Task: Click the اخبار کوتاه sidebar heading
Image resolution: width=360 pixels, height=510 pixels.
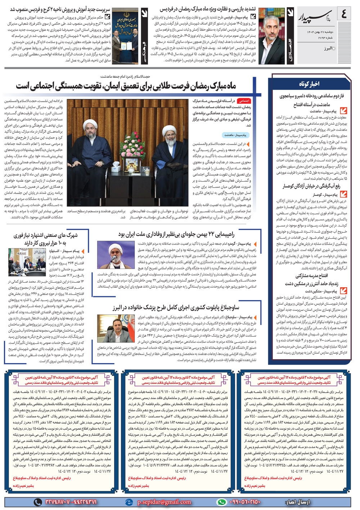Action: click(x=309, y=84)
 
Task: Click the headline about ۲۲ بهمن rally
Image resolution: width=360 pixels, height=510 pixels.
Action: click(x=176, y=234)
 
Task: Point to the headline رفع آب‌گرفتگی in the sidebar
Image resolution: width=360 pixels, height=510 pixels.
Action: click(x=311, y=186)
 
